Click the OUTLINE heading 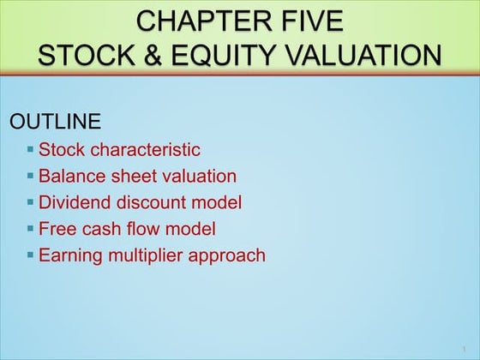pos(55,121)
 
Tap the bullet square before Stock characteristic pos(31,148)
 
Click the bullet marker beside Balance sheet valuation pos(31,175)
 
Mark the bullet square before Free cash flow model pos(31,228)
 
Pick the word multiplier pos(145,255)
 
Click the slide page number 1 pos(462,348)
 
